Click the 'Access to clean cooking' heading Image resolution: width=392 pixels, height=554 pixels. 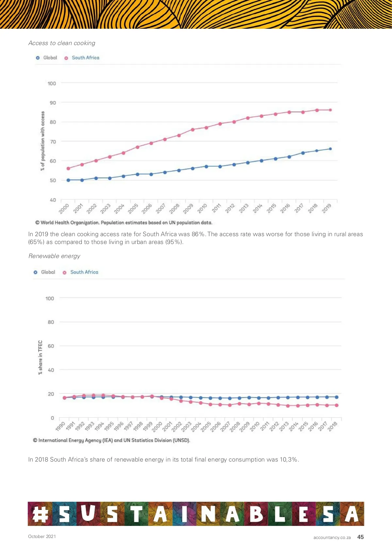[x=62, y=43]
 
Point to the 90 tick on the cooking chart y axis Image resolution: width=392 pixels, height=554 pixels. [x=53, y=103]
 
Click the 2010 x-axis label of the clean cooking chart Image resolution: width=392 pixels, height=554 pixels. [x=203, y=208]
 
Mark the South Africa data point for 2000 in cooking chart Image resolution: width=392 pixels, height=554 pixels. [x=68, y=169]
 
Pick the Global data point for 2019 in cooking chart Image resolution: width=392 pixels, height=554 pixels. [x=330, y=149]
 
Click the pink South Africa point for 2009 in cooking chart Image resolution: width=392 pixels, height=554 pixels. [x=193, y=130]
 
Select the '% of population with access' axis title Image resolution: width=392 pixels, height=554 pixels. [x=42, y=141]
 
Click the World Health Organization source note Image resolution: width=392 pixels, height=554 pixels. [x=124, y=223]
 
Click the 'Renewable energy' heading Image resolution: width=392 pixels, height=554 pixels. [x=54, y=256]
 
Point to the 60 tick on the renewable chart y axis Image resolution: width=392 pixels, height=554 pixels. [x=51, y=346]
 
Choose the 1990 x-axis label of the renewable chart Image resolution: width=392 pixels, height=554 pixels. [x=61, y=426]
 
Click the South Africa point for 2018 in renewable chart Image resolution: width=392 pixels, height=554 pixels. [x=336, y=405]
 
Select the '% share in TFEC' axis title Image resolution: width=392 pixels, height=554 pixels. [x=40, y=357]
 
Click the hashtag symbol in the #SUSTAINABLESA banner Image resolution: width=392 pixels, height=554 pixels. [x=40, y=514]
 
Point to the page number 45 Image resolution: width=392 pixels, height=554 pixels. [x=360, y=537]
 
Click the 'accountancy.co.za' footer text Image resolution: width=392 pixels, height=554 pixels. [x=332, y=537]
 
